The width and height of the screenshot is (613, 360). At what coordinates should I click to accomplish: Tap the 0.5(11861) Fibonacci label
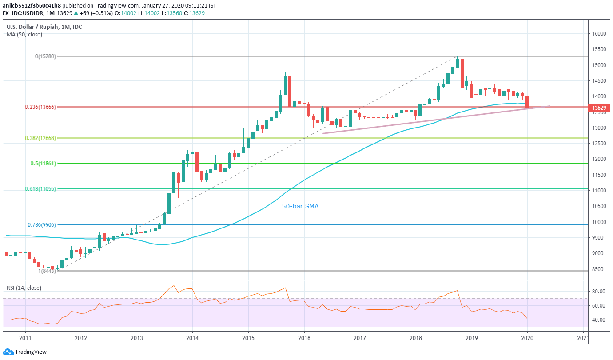coord(43,164)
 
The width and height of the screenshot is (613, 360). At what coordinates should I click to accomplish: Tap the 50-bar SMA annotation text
coord(300,206)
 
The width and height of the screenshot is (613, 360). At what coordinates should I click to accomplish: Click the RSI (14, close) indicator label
coord(24,288)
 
